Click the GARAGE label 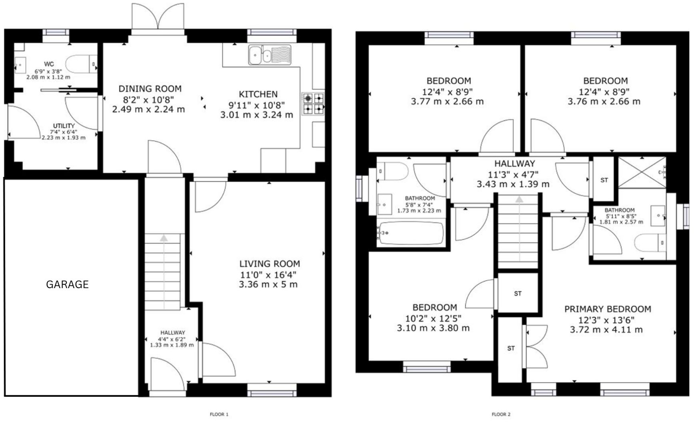point(67,285)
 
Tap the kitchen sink point(269,55)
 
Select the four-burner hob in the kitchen point(313,104)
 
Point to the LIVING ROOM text point(269,264)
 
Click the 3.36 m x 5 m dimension point(268,285)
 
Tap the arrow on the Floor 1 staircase point(164,238)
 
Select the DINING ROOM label point(150,89)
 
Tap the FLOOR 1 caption point(219,414)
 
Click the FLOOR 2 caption point(501,414)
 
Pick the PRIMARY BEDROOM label point(607,309)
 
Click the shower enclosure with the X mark point(641,172)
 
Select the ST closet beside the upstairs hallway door point(604,180)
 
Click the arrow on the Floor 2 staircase point(519,199)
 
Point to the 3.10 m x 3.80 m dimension point(433,328)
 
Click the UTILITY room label point(64,126)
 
